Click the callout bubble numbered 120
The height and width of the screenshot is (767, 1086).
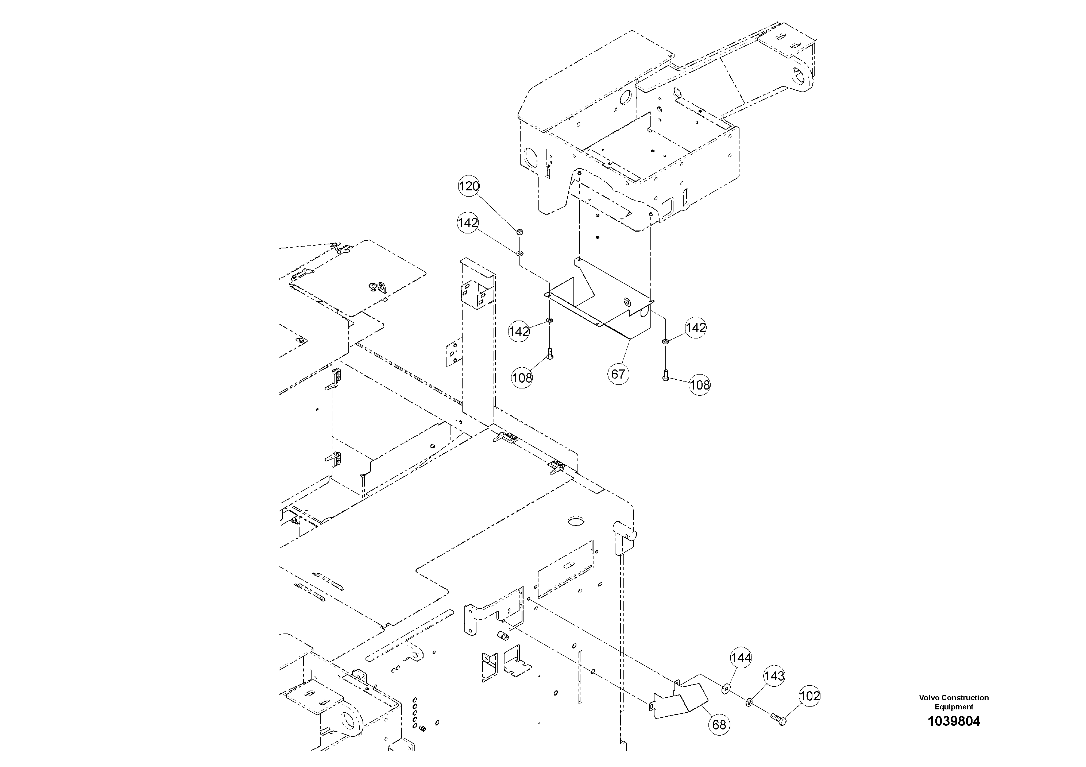pyautogui.click(x=469, y=187)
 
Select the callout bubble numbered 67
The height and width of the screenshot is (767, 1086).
pyautogui.click(x=618, y=374)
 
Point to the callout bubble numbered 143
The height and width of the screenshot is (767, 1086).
pyautogui.click(x=774, y=676)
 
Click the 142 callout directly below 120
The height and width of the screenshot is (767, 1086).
pyautogui.click(x=468, y=223)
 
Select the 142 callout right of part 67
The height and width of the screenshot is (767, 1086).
pyautogui.click(x=696, y=328)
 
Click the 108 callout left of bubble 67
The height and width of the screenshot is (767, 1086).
pyautogui.click(x=522, y=378)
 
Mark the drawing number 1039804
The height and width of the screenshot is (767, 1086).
pyautogui.click(x=954, y=722)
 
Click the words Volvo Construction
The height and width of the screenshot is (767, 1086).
pyautogui.click(x=954, y=697)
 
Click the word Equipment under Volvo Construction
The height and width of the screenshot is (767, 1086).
pyautogui.click(x=954, y=707)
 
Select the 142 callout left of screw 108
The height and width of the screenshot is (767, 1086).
pyautogui.click(x=519, y=332)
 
